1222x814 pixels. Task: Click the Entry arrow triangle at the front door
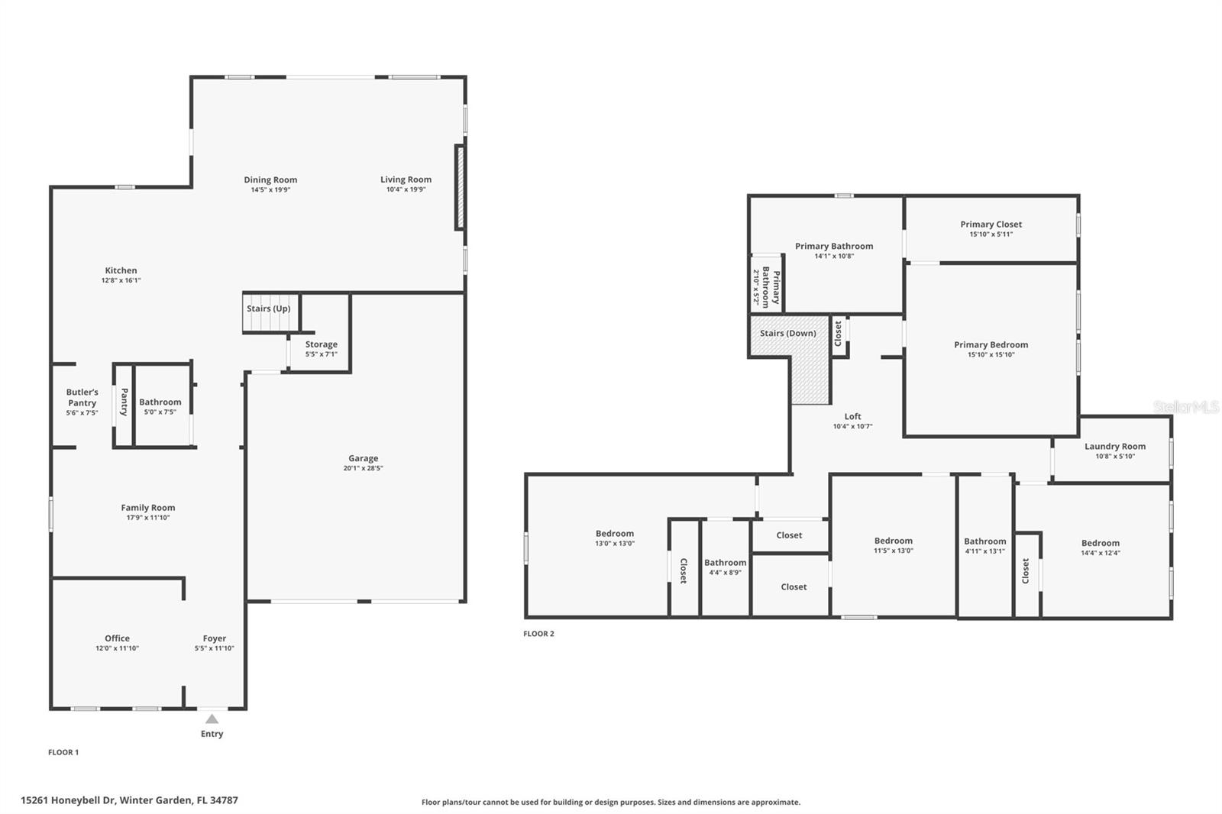click(x=212, y=719)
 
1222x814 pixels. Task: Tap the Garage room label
click(x=363, y=459)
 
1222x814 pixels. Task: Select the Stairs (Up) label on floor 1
click(x=268, y=308)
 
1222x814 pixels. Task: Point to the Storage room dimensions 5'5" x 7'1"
click(x=321, y=354)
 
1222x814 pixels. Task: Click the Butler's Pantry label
click(x=82, y=397)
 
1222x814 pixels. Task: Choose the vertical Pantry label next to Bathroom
click(x=124, y=402)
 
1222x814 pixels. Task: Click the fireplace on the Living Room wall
click(x=460, y=187)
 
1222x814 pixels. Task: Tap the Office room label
click(x=117, y=638)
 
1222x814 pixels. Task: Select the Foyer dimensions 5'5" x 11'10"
click(x=214, y=648)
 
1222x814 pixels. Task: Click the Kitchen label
click(x=121, y=270)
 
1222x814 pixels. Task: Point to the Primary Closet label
click(x=991, y=224)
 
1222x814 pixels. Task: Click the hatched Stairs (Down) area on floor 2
click(x=810, y=374)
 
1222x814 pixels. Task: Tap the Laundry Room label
click(x=1114, y=447)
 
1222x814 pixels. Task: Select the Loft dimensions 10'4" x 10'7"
click(x=852, y=427)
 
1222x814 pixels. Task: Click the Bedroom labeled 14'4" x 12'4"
click(x=1100, y=544)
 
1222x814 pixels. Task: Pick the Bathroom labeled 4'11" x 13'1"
click(x=984, y=541)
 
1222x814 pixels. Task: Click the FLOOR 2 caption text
click(x=538, y=634)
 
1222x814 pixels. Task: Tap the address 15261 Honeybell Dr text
click(x=129, y=800)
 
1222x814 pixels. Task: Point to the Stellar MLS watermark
click(x=1185, y=408)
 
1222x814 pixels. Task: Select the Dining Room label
click(x=270, y=180)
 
